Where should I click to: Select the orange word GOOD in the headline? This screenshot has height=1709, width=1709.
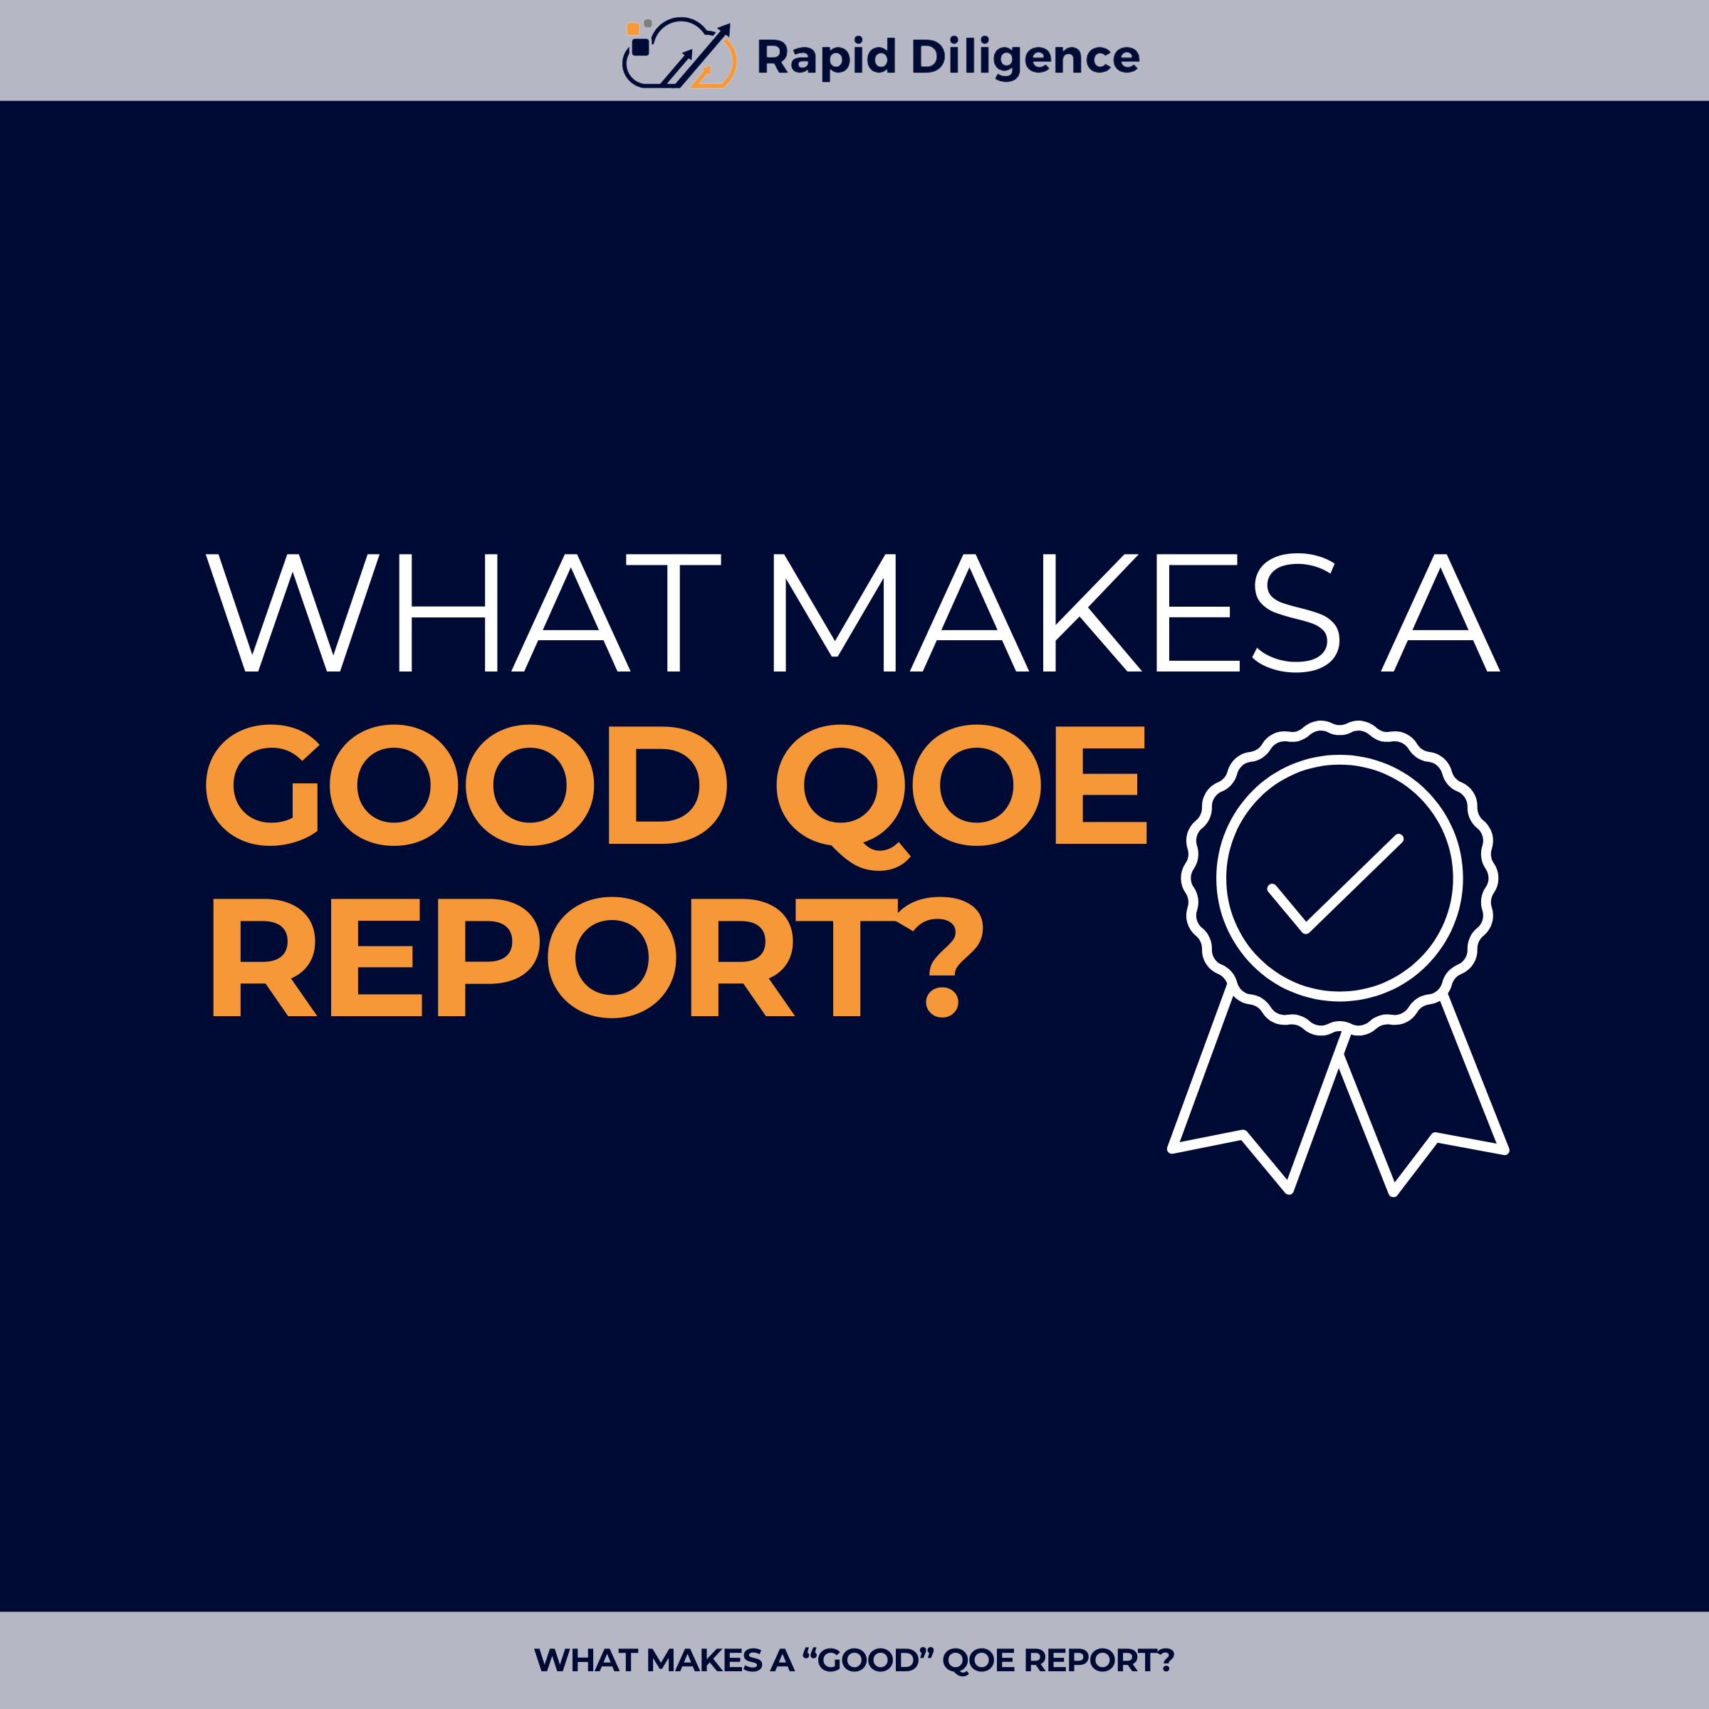(x=466, y=785)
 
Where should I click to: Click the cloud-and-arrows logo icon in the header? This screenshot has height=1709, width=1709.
(x=679, y=55)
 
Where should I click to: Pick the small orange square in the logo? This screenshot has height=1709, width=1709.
(x=633, y=29)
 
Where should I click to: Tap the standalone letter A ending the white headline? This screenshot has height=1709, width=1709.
(x=1441, y=613)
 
